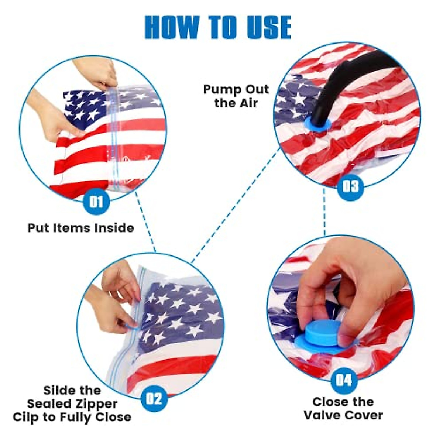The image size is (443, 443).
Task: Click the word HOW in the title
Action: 171,27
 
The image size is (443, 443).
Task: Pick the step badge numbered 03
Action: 350,186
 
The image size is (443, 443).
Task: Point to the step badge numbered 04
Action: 344,380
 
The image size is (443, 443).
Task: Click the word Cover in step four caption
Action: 365,415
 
